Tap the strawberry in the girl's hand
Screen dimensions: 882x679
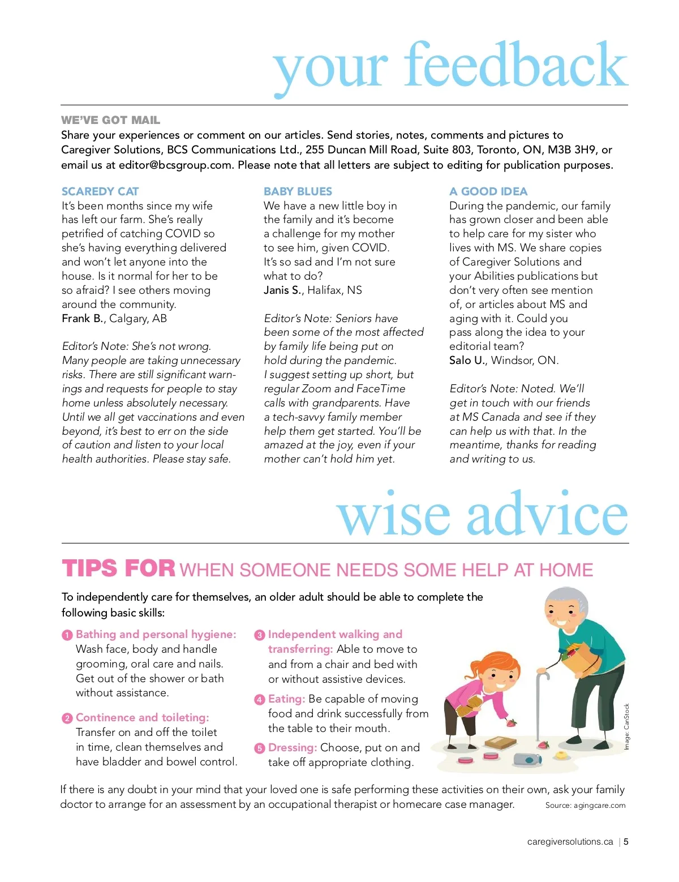point(511,723)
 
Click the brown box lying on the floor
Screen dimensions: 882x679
point(500,742)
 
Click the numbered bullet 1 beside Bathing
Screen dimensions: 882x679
point(67,635)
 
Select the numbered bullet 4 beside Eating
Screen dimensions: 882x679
point(260,700)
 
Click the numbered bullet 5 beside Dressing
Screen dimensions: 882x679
point(260,748)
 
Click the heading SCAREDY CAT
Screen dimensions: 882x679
point(100,191)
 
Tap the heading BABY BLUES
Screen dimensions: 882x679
point(298,191)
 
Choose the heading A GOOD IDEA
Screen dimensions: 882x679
point(488,191)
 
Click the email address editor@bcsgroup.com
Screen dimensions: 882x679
point(175,165)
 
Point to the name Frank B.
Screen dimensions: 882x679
point(83,318)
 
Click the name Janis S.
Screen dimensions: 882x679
point(283,290)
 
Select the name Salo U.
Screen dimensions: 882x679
point(467,361)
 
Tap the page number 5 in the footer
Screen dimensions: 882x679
point(626,842)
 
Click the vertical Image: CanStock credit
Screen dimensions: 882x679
point(626,727)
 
